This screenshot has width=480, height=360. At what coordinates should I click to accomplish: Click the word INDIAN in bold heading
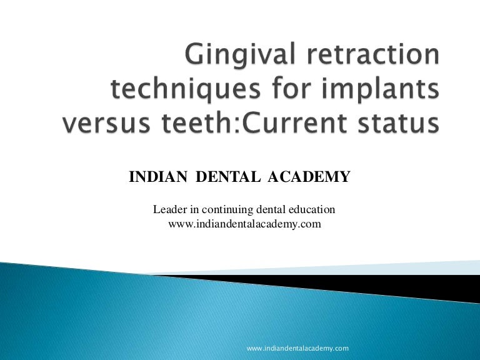159,179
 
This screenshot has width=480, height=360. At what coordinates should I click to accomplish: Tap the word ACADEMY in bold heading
309,179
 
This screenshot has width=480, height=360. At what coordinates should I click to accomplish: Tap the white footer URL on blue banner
297,347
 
